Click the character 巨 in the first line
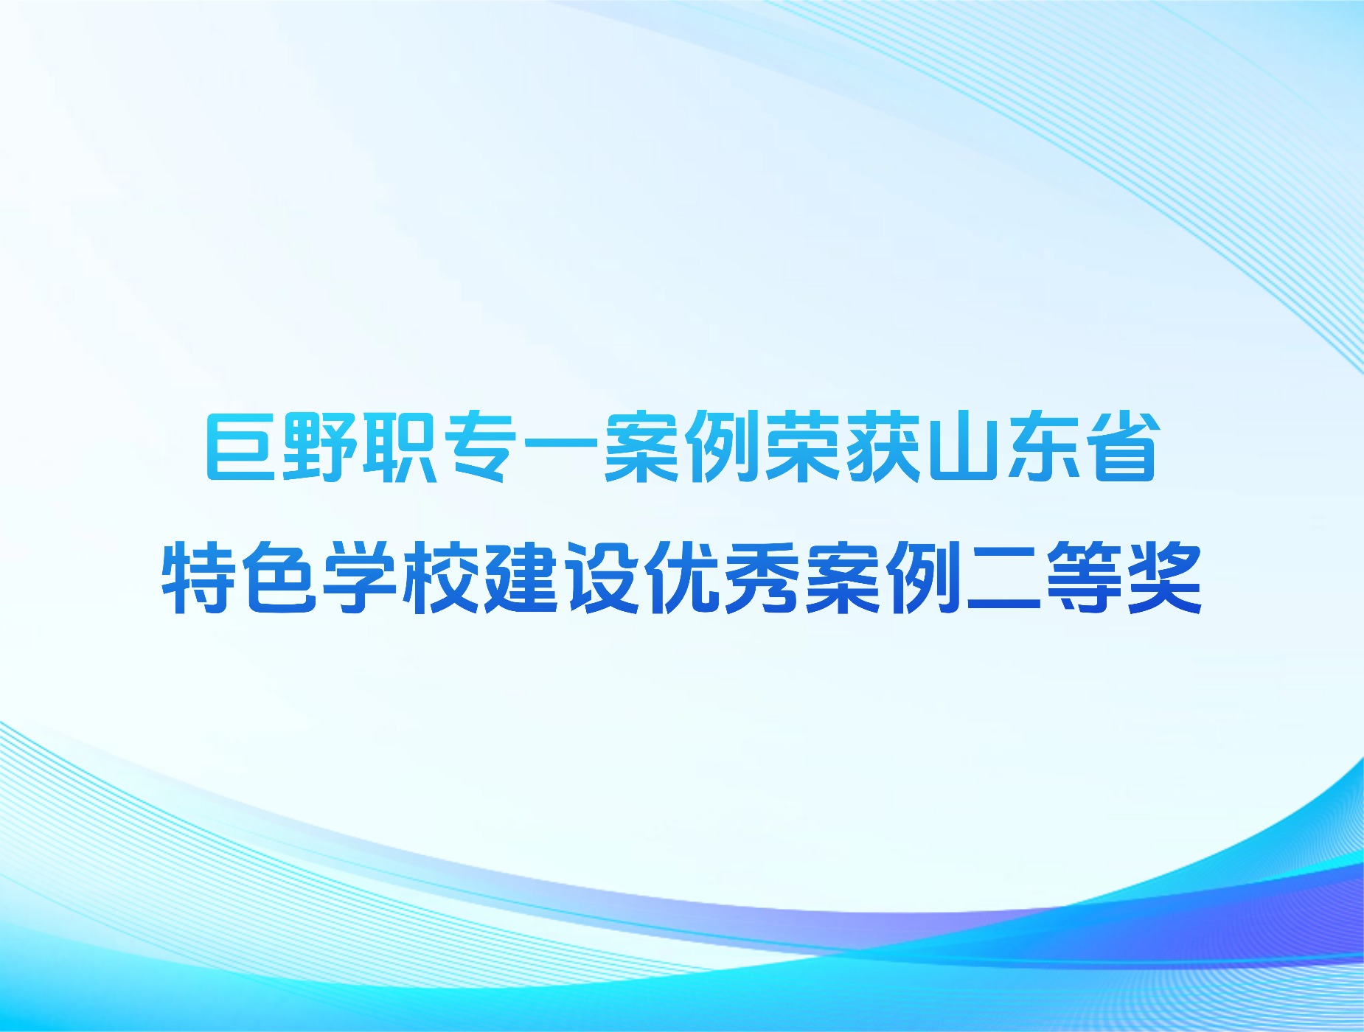tap(240, 447)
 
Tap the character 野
tap(320, 447)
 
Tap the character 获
tap(882, 447)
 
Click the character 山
tap(962, 447)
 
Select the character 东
tap(1043, 447)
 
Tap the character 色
tap(280, 577)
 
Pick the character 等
tap(1084, 577)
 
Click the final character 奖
tap(1164, 577)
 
